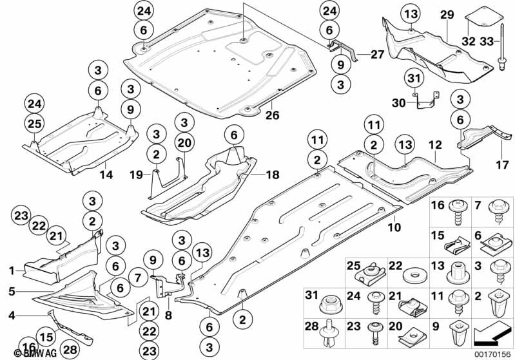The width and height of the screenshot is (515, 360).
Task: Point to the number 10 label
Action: pyautogui.click(x=394, y=228)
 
